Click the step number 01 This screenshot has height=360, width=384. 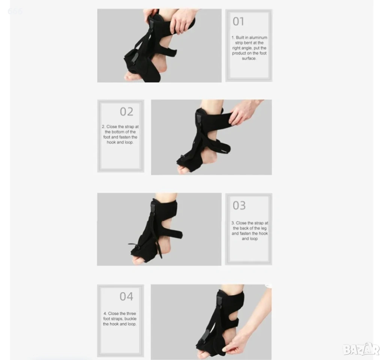[x=238, y=21]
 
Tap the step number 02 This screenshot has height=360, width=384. [x=126, y=112]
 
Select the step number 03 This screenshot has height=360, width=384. [x=239, y=205]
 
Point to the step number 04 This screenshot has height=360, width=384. [x=126, y=297]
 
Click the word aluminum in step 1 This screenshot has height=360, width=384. [x=258, y=37]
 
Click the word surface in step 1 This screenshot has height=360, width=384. [x=249, y=58]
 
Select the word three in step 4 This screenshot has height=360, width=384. [x=131, y=313]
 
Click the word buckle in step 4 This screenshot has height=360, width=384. [x=131, y=319]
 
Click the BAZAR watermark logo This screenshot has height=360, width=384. [x=361, y=349]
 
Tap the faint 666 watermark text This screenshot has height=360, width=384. [x=15, y=11]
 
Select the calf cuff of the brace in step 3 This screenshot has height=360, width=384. [x=164, y=207]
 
